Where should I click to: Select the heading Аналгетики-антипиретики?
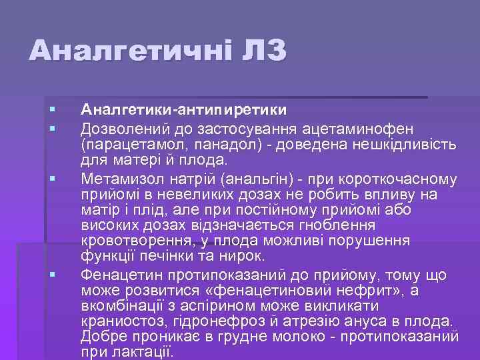[x=184, y=109]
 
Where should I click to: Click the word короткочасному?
[x=393, y=179]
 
